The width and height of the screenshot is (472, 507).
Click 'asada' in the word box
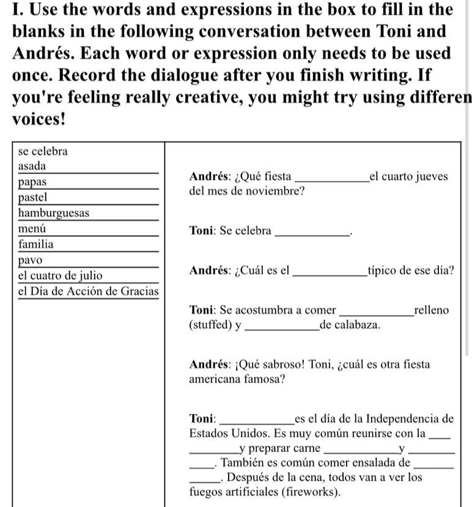32,167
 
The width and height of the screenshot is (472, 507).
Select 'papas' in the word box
33,182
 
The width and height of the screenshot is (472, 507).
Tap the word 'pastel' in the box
33,198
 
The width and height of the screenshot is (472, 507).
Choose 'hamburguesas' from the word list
54,213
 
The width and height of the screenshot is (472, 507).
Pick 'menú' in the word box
31,229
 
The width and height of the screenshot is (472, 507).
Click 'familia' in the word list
36,244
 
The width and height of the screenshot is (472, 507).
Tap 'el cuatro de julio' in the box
61,276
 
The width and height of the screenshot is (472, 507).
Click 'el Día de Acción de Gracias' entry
88,291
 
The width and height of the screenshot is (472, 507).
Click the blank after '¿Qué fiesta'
331,178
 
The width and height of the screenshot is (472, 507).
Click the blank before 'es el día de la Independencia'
256,420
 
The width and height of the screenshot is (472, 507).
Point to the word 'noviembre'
278,191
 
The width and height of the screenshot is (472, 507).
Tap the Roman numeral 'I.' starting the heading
18,10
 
